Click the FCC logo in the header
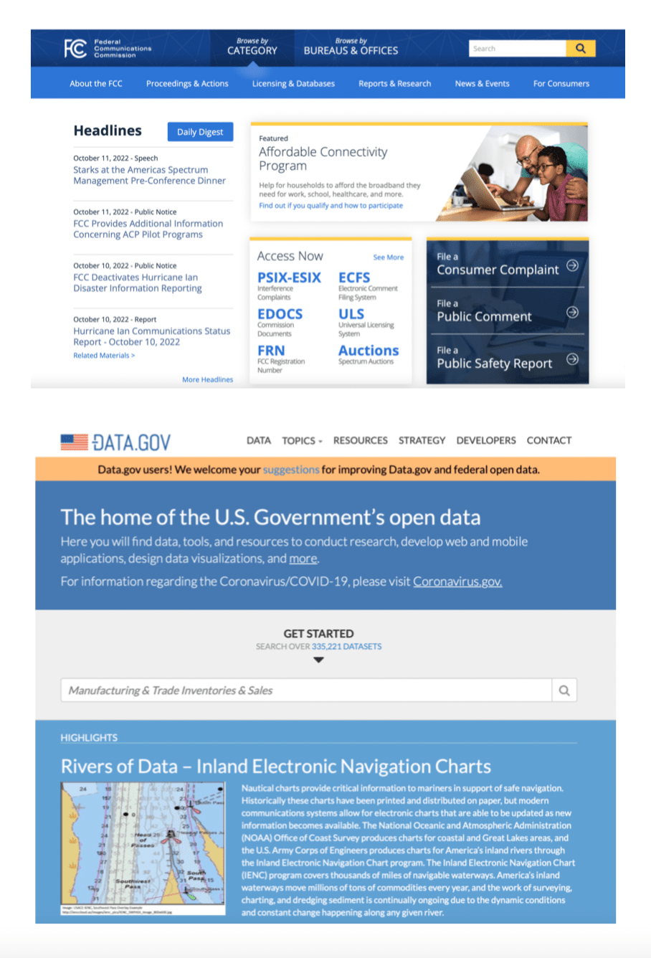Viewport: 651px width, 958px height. point(76,49)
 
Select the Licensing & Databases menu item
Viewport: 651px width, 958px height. point(293,84)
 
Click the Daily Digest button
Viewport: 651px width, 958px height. point(200,132)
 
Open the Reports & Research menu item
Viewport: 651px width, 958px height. point(394,84)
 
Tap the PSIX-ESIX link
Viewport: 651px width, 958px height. point(289,278)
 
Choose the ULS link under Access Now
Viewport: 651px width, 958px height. point(351,314)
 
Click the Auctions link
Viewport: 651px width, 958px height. point(369,351)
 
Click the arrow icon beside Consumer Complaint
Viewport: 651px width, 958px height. point(572,265)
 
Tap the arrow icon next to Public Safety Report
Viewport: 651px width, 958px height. point(572,359)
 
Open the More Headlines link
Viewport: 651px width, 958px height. point(207,379)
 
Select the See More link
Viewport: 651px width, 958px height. point(388,257)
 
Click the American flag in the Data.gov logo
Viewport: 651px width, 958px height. point(74,442)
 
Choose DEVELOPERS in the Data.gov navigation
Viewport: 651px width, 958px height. point(486,440)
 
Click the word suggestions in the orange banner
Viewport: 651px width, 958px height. point(290,470)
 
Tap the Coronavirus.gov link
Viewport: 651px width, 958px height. point(457,582)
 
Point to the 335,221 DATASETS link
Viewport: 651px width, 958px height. point(346,646)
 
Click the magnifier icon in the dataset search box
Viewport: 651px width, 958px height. point(564,691)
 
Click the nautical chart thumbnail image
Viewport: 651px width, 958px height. point(143,849)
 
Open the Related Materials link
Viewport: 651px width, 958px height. point(104,356)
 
